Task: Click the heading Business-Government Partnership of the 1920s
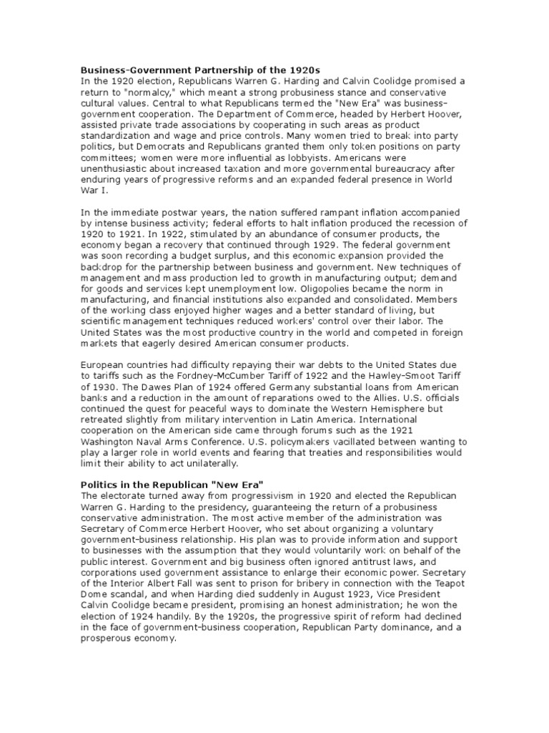[x=200, y=69]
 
